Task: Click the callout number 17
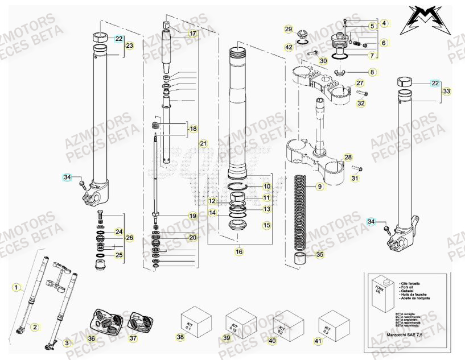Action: click(x=192, y=34)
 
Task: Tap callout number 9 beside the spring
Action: click(x=319, y=187)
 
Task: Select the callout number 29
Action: click(x=288, y=29)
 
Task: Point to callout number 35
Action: click(x=320, y=255)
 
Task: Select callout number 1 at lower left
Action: click(x=17, y=287)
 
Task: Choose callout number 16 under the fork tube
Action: click(x=238, y=251)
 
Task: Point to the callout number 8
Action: click(x=372, y=72)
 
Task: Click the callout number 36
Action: click(x=92, y=339)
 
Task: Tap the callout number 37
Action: click(x=133, y=339)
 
